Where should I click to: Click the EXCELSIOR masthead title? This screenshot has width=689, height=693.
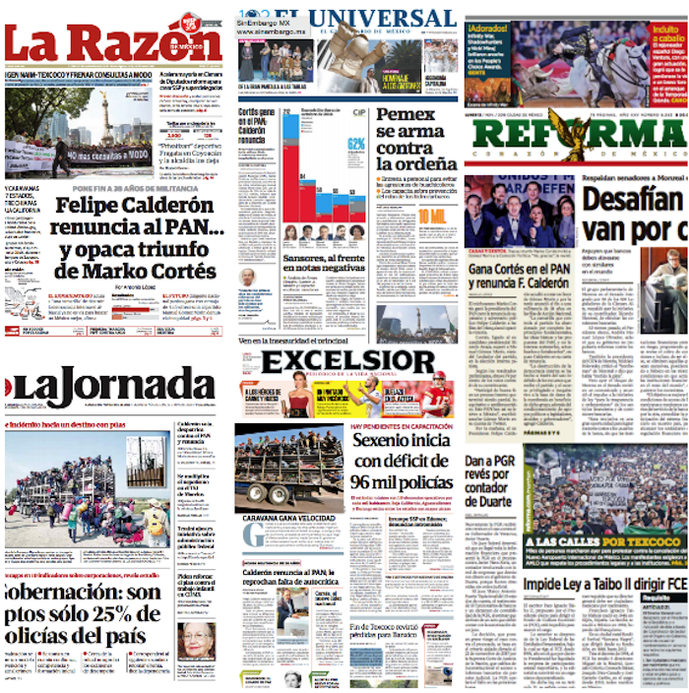(347, 362)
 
